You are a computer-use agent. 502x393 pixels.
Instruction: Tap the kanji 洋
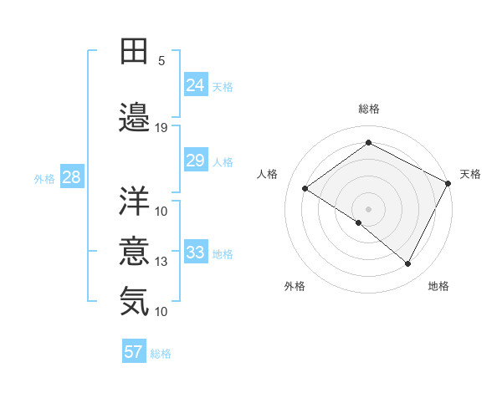(x=135, y=200)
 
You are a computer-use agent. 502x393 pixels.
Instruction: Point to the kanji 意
(x=135, y=252)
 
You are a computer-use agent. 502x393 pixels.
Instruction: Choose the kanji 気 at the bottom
(x=135, y=301)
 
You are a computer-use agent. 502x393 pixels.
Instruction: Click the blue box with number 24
(x=195, y=84)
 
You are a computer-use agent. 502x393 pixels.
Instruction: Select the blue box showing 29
(x=195, y=161)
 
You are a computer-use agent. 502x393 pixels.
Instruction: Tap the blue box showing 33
(x=195, y=253)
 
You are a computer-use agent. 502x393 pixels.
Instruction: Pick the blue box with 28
(x=71, y=177)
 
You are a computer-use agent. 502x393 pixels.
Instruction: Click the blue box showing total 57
(x=134, y=352)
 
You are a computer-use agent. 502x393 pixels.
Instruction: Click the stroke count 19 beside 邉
(x=161, y=128)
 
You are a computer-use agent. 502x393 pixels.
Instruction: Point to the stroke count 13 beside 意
(x=161, y=262)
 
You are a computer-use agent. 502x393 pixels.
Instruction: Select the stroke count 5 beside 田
(x=161, y=61)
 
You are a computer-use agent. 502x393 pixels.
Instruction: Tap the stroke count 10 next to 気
(x=161, y=311)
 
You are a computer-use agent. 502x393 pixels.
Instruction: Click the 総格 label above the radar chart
(x=369, y=109)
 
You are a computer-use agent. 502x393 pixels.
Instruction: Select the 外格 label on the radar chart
(x=295, y=286)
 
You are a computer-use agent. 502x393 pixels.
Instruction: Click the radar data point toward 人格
(x=305, y=188)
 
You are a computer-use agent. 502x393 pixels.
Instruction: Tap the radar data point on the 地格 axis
(x=408, y=263)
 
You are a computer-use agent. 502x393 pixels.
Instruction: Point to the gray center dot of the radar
(x=368, y=208)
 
